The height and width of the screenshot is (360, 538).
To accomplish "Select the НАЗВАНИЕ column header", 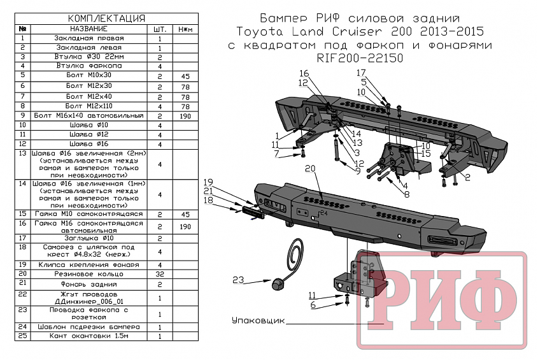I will tap(89, 29).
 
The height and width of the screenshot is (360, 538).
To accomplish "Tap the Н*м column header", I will tap(185, 29).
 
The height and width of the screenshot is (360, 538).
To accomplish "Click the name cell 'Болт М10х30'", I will tap(88, 76).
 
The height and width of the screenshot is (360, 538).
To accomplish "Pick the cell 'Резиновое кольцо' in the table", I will tap(88, 273).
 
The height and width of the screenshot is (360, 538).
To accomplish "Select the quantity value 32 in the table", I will tap(160, 273).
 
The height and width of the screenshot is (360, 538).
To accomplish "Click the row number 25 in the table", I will tap(22, 335).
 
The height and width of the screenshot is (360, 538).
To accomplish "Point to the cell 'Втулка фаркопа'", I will tap(88, 66).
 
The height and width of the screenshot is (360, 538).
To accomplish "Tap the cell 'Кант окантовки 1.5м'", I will tap(88, 335).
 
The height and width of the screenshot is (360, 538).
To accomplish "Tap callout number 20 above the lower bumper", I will tap(310, 168).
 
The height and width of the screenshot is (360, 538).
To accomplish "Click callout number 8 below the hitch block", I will tap(405, 194).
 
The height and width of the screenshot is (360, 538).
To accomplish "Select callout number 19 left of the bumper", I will tap(208, 182).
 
